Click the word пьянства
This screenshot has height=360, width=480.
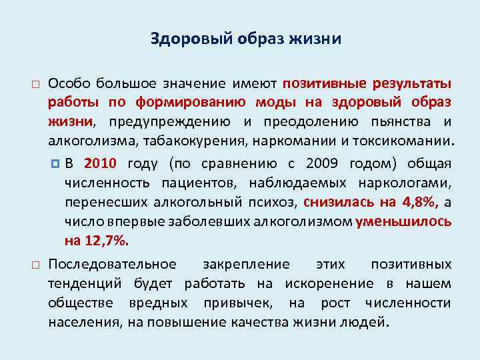coord(395,122)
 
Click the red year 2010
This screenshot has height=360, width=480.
coord(101,164)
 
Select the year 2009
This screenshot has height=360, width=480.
coord(323,164)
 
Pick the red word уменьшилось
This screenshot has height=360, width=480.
coord(403,221)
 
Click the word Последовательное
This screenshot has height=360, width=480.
coord(112,265)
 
